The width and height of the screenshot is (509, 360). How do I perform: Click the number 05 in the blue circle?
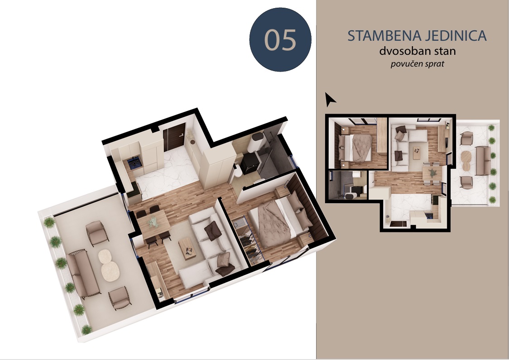[280, 40]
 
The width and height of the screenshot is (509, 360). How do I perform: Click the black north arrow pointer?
[330, 99]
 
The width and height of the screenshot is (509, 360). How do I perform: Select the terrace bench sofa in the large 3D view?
[82, 274]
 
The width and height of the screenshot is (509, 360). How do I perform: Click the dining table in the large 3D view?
[153, 223]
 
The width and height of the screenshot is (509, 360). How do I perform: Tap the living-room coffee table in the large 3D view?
[188, 248]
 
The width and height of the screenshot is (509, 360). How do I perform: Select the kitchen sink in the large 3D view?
[134, 163]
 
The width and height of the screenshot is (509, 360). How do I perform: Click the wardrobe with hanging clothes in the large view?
[248, 240]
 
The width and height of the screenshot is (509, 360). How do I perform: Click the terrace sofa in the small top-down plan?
[483, 160]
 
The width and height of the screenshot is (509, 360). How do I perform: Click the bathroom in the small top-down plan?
[348, 185]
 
